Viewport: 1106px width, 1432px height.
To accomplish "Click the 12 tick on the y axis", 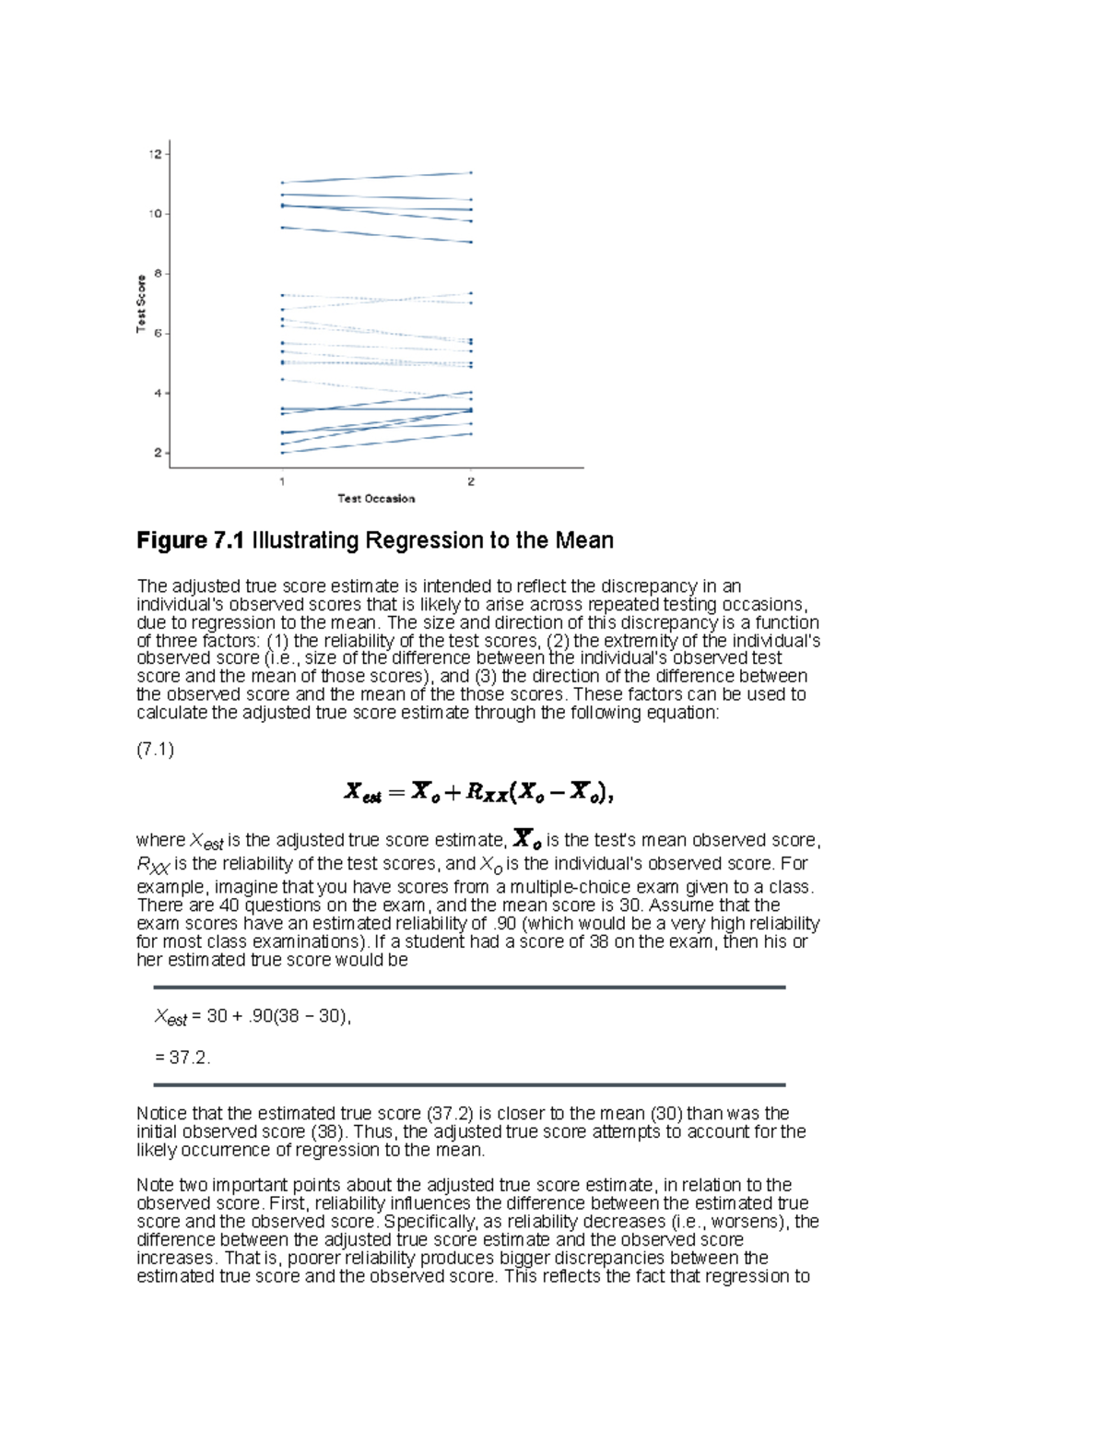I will click(x=155, y=154).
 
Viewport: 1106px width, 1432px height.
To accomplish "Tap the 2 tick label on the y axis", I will click(x=157, y=453).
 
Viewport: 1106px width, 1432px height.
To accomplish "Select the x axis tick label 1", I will click(x=282, y=481).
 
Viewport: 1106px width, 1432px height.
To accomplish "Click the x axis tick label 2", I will click(x=471, y=481).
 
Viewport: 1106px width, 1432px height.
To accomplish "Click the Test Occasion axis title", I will click(x=376, y=499).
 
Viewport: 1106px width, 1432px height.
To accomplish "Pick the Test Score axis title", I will click(x=141, y=303).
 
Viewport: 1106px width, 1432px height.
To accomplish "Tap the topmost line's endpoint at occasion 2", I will click(x=471, y=172).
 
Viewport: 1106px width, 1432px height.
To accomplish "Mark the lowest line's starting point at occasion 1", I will click(x=282, y=453).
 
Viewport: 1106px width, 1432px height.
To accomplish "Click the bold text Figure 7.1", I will click(x=190, y=540).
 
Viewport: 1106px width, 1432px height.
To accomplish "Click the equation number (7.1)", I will click(x=155, y=750).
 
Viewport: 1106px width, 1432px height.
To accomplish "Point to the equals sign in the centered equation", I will click(x=396, y=792).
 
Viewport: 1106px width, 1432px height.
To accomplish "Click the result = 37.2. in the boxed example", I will click(x=182, y=1058).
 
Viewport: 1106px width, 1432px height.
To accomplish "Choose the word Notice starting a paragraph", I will click(x=162, y=1114).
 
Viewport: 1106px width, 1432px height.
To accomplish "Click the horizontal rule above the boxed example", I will click(x=469, y=987).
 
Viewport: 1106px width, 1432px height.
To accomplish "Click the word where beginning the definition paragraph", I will click(x=160, y=840).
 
